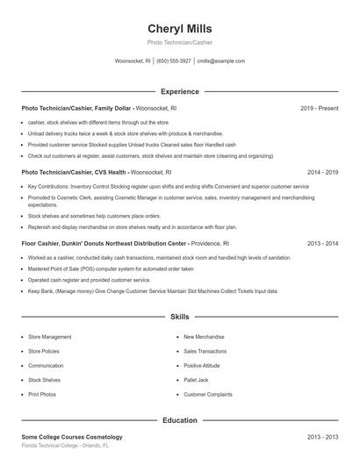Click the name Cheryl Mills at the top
point(180,28)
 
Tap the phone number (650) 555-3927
point(174,61)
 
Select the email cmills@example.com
point(220,61)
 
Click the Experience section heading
point(179,91)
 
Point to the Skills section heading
point(179,316)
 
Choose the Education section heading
point(179,420)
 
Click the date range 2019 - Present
point(319,108)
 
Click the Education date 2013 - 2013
point(322,436)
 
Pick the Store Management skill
point(50,337)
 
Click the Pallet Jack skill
point(196,380)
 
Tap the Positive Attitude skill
point(202,365)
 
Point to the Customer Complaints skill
point(207,394)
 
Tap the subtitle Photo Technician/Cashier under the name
point(180,42)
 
